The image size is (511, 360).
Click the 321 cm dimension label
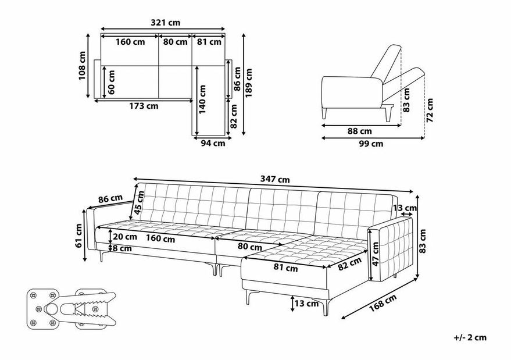point(165,23)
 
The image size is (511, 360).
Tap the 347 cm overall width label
point(275,179)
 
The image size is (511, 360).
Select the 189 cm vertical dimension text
point(248,83)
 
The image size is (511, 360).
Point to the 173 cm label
point(144,106)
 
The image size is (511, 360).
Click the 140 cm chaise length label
point(202,99)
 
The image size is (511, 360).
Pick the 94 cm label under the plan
point(213,143)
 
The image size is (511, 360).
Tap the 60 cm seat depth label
point(111,82)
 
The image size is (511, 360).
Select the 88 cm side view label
point(359,131)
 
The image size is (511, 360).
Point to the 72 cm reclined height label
point(430,110)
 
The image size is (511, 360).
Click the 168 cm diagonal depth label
point(383,303)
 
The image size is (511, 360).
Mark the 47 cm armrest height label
point(376,254)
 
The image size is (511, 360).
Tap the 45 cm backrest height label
point(139,203)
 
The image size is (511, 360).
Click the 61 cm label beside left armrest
point(78,236)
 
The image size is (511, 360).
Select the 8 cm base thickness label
point(122,248)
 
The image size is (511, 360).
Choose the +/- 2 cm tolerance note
point(470,337)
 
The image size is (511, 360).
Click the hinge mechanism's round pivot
point(51,308)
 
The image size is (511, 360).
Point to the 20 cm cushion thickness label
point(125,237)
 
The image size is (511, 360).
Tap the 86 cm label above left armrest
point(110,199)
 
